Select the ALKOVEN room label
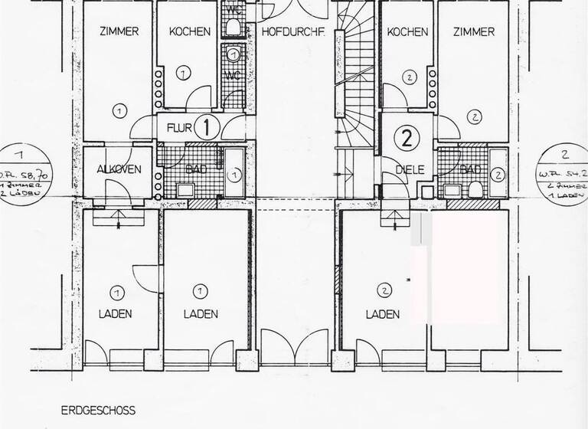pyautogui.click(x=119, y=169)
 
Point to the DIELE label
pyautogui.click(x=410, y=169)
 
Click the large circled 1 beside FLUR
pyautogui.click(x=207, y=126)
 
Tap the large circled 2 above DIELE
pyautogui.click(x=407, y=138)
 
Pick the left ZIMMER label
pyautogui.click(x=119, y=32)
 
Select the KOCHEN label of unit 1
pyautogui.click(x=189, y=32)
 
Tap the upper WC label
pyautogui.click(x=233, y=10)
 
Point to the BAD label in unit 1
pyautogui.click(x=196, y=169)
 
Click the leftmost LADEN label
pyautogui.click(x=116, y=314)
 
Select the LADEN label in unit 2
pyautogui.click(x=383, y=314)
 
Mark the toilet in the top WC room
pyautogui.click(x=233, y=28)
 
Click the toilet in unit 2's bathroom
pyautogui.click(x=475, y=188)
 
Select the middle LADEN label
pyautogui.click(x=201, y=314)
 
